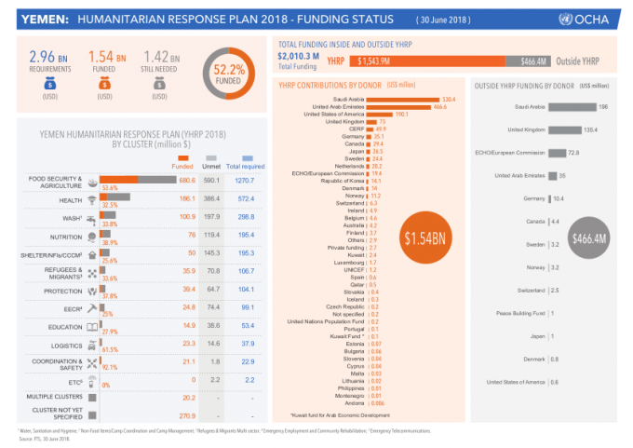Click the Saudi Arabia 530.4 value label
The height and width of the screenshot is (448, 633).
(x=448, y=99)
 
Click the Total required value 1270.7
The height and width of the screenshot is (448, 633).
(x=245, y=179)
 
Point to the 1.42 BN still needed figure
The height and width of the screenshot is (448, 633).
(x=161, y=58)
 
